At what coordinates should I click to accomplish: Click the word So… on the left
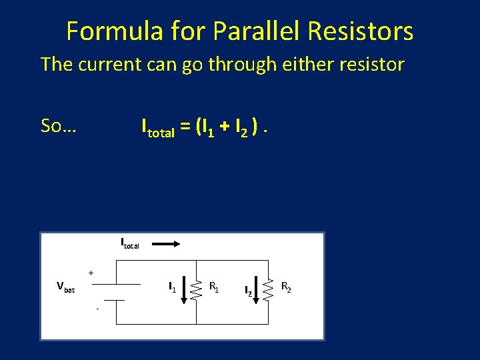[59, 125]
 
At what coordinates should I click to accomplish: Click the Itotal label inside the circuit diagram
[129, 243]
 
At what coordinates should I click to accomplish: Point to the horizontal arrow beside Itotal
[168, 245]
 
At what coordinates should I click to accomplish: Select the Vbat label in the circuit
[65, 288]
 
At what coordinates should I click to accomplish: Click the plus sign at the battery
[91, 272]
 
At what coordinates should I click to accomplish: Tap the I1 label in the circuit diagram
[172, 287]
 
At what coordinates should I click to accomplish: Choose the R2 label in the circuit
[285, 287]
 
